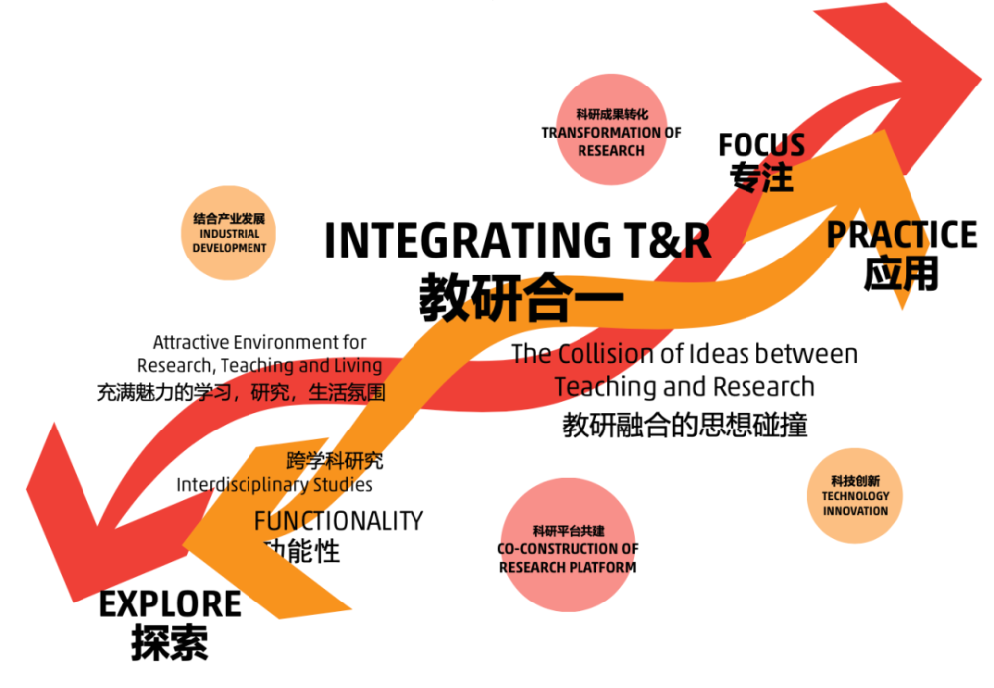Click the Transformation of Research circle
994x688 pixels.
point(611,129)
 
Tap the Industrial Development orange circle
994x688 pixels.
point(229,233)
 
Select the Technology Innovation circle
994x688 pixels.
point(855,496)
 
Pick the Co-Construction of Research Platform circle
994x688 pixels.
point(568,545)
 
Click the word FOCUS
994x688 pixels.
point(761,145)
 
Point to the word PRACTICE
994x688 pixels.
point(903,234)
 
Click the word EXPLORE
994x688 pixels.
point(170,603)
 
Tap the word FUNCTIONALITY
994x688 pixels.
point(339,521)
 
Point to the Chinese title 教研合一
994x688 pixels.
point(521,297)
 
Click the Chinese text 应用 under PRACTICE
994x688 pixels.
point(902,274)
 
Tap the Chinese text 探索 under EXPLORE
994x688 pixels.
point(170,643)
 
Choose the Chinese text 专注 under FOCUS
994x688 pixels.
point(761,176)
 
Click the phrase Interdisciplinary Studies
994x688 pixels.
point(274,485)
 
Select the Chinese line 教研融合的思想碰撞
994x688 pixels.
point(685,425)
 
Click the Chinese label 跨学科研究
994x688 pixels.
point(335,461)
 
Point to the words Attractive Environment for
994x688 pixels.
point(259,342)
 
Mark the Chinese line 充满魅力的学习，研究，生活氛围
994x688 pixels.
point(241,393)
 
